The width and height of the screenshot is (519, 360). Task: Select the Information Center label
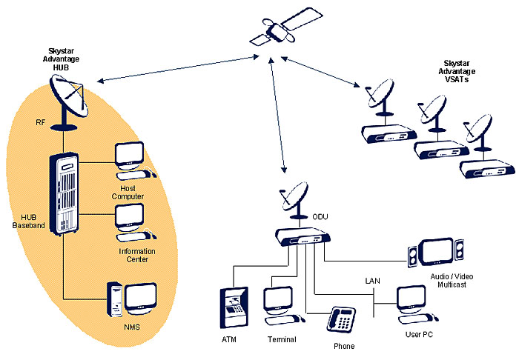(x=137, y=255)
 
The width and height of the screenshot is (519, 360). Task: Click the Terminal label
(x=282, y=339)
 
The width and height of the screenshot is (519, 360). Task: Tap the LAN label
(x=372, y=281)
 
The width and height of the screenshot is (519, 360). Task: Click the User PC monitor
(x=411, y=298)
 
